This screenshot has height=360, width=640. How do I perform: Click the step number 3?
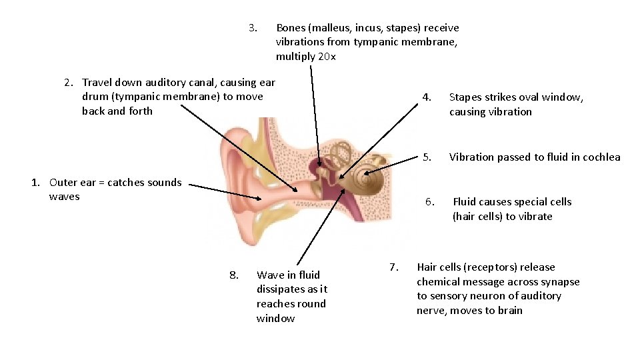pos(253,28)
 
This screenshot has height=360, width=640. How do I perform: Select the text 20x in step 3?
pos(327,57)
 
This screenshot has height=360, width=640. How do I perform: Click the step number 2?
pos(69,83)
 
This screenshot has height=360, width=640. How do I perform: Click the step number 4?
pos(427,97)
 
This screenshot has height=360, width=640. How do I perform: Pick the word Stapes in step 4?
pos(465,97)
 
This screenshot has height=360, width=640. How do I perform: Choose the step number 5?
pos(427,157)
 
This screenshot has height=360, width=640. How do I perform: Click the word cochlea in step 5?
pos(601,157)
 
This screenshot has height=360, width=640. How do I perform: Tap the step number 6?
pos(431,202)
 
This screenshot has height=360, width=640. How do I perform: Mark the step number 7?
pos(393,267)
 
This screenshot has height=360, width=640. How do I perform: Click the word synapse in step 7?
pos(561,282)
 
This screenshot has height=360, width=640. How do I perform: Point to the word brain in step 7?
pos(509,311)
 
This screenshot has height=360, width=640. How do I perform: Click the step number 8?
pos(233,275)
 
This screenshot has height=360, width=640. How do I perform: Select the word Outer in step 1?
pos(63,183)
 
